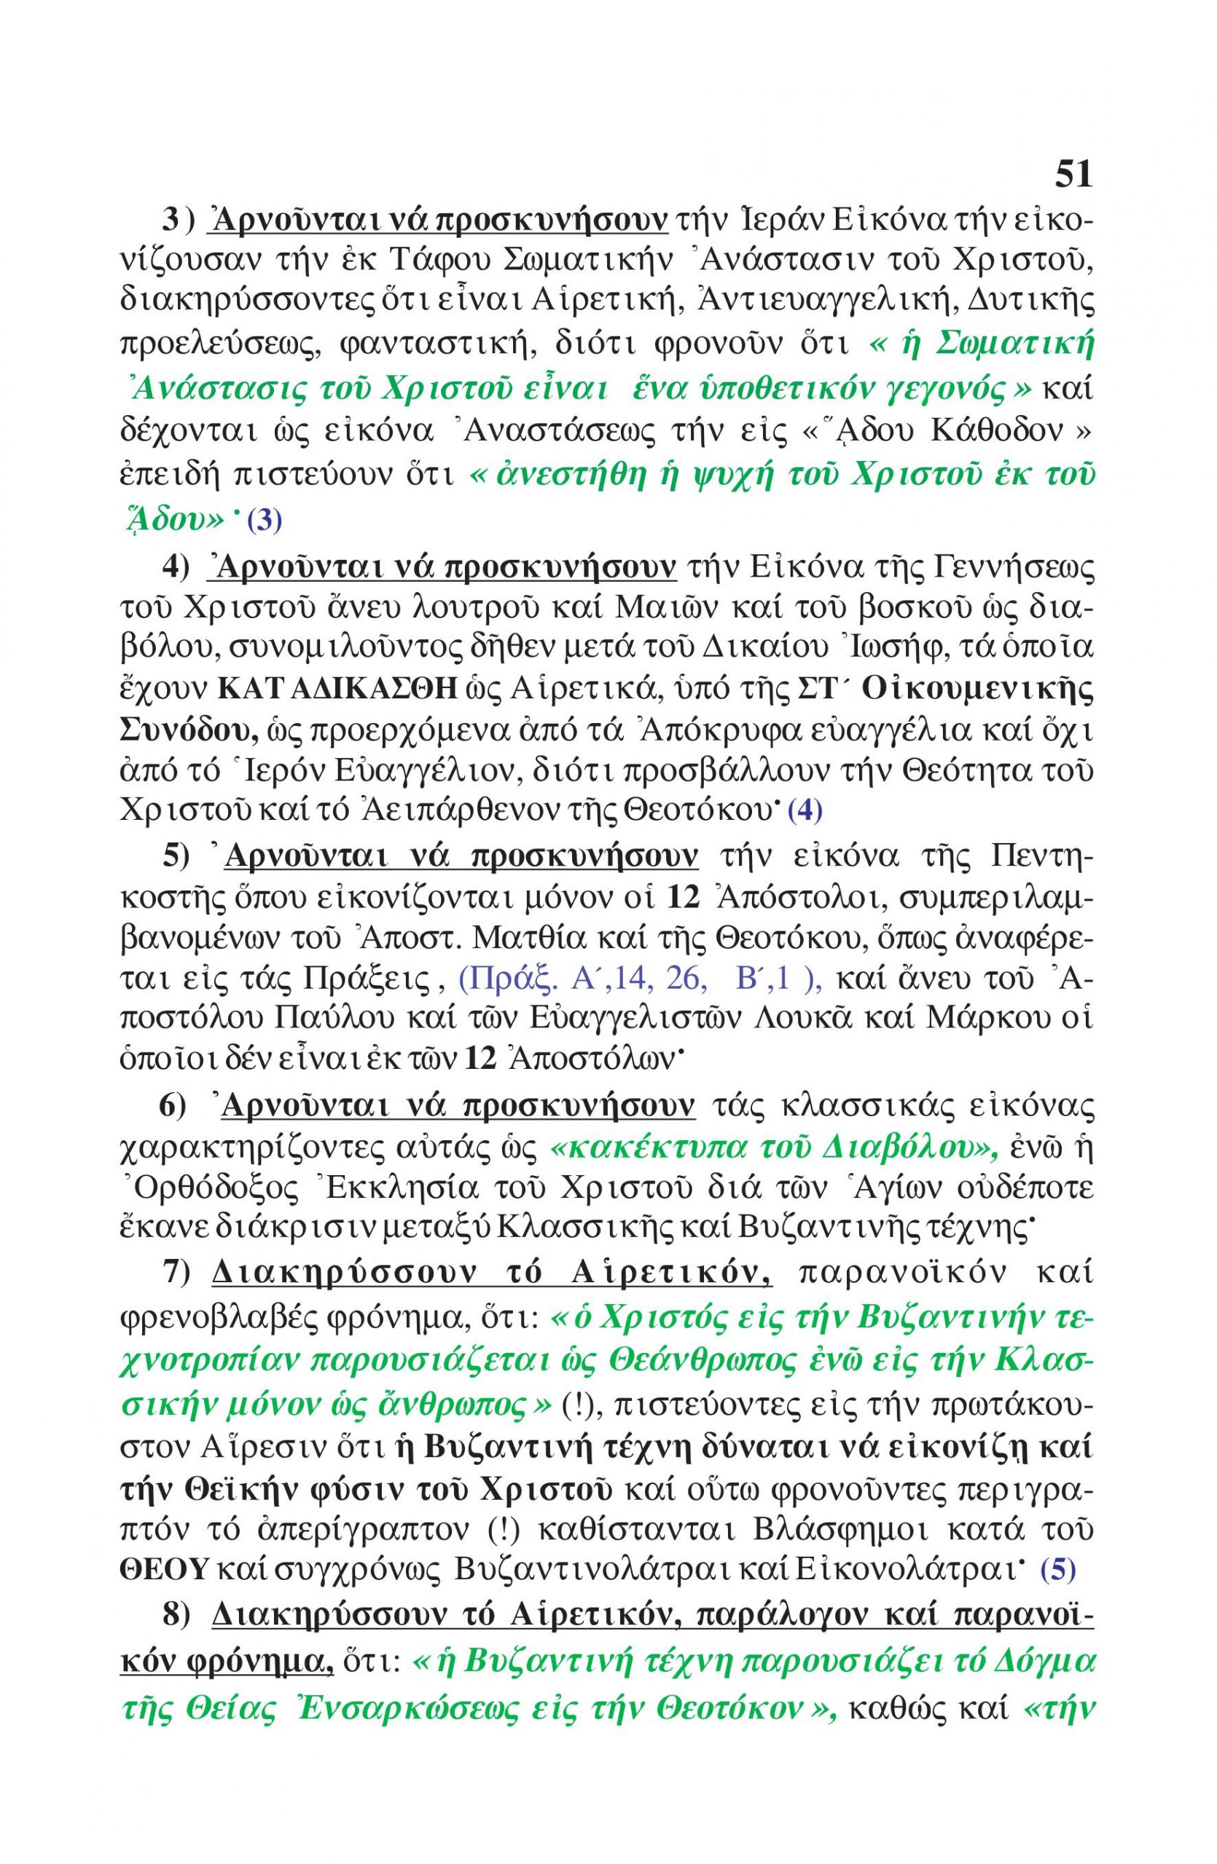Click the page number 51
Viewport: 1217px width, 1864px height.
click(1073, 174)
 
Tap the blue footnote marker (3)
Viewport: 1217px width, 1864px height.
click(264, 521)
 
